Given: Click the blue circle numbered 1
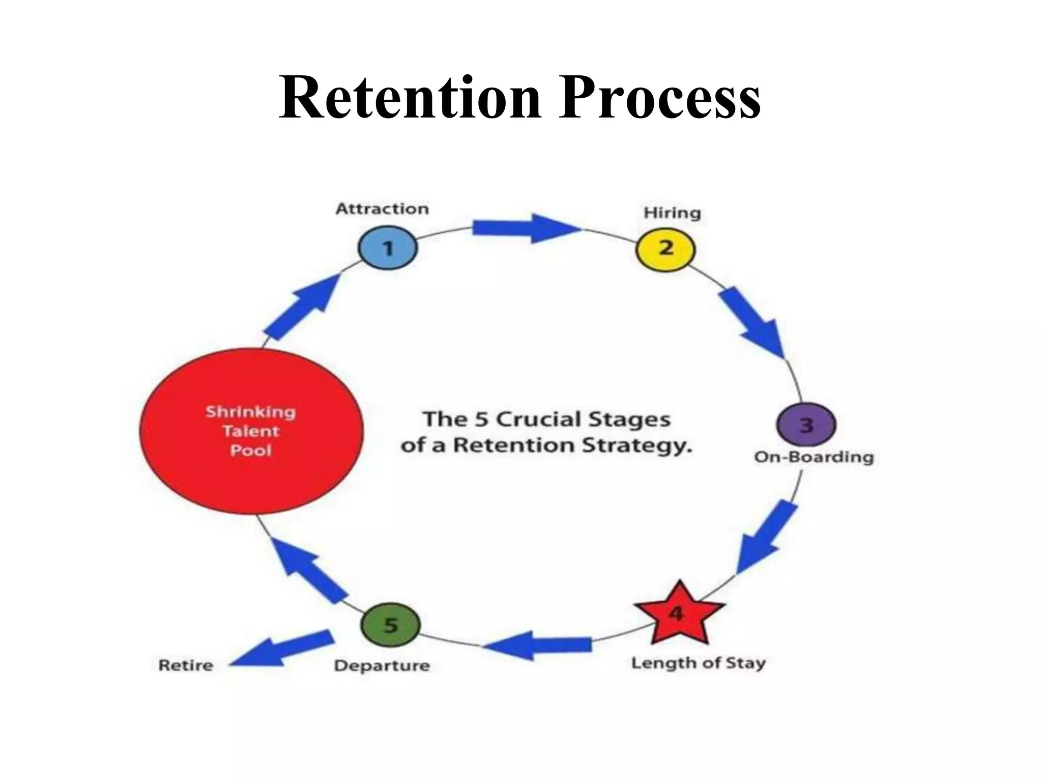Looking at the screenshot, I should [x=388, y=248].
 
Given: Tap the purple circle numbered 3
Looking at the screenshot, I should [x=806, y=425].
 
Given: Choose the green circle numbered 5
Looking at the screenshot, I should [x=390, y=625].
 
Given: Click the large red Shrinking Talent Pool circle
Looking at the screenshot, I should [x=251, y=431].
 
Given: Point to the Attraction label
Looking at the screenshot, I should [x=382, y=209].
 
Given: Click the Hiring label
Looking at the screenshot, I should [x=672, y=212].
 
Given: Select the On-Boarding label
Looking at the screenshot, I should [x=814, y=457].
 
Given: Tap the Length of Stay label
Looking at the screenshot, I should [x=698, y=663].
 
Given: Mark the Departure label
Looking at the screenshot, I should [x=382, y=665].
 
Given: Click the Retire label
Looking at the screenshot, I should [x=186, y=665].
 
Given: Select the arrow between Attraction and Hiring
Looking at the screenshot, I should [x=524, y=228].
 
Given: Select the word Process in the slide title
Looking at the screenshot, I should [x=659, y=97].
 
